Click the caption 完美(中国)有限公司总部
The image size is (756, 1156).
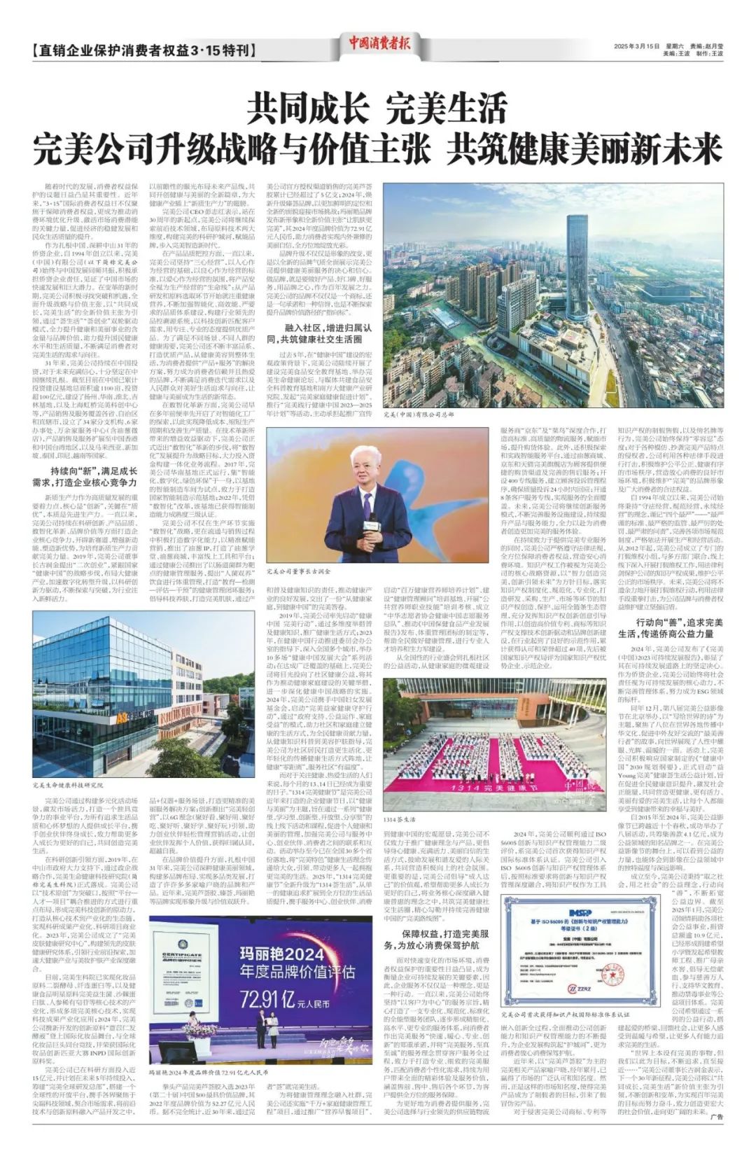[428, 415]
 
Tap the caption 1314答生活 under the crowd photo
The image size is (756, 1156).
[400, 819]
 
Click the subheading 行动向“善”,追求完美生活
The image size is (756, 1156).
[669, 628]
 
